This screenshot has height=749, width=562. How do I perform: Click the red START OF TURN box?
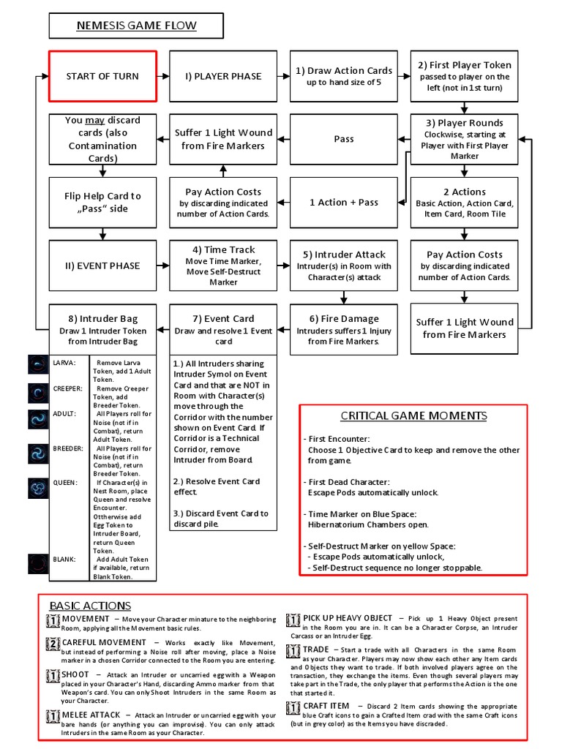[102, 76]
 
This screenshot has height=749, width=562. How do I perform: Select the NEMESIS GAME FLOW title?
[137, 27]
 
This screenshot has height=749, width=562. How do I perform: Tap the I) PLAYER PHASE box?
[222, 76]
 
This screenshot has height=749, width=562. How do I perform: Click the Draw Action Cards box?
[343, 76]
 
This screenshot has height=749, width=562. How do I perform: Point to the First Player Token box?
[465, 76]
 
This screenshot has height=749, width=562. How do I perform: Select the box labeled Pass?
[343, 139]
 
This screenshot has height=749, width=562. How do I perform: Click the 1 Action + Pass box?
[343, 203]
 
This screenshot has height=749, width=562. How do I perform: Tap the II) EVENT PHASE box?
[102, 266]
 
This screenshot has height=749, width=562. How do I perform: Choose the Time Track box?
[222, 266]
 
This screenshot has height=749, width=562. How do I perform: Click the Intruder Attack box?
[343, 266]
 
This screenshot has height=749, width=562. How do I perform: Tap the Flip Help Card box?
[102, 203]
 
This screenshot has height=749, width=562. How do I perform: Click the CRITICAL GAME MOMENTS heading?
[413, 416]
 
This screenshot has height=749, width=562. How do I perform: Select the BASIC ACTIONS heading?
[90, 606]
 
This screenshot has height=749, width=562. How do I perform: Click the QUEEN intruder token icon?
[38, 487]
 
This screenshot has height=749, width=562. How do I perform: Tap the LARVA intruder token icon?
[38, 364]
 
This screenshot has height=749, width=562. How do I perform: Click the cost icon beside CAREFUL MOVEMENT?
[53, 644]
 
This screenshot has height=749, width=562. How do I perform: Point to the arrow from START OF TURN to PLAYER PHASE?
[162, 76]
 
